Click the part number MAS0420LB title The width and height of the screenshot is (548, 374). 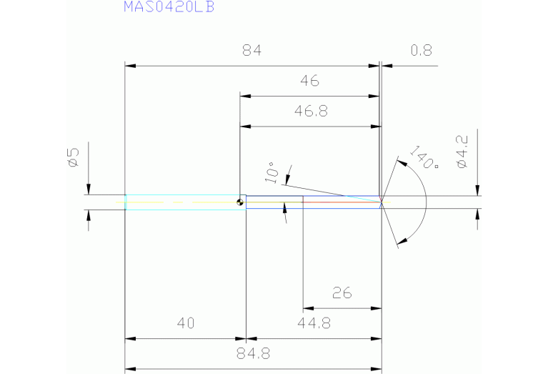169,8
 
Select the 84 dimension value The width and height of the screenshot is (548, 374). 252,51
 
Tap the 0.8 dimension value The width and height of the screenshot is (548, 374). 422,51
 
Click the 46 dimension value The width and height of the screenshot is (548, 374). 309,82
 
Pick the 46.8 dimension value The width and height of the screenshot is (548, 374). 310,112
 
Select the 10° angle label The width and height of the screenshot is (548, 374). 271,172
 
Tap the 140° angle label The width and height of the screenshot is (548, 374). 424,158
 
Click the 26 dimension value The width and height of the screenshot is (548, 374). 342,293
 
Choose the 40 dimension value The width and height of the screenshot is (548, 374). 186,324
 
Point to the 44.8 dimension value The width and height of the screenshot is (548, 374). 314,324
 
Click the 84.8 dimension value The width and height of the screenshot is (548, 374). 252,354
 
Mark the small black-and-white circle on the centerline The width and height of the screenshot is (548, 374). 241,202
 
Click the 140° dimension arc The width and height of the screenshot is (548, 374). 426,202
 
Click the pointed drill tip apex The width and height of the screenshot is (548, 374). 382,202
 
